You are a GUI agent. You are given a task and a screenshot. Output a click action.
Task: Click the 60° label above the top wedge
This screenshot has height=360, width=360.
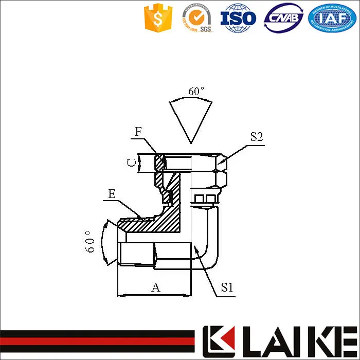196,92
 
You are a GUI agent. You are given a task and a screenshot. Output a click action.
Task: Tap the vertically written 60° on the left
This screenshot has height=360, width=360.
91,241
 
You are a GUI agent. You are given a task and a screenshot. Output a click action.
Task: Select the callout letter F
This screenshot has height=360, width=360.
138,132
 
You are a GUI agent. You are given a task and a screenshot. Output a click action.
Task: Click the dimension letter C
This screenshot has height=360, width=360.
132,163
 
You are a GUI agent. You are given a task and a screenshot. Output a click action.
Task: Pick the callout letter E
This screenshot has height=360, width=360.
111,194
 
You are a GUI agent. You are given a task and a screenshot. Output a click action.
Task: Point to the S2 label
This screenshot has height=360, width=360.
257,137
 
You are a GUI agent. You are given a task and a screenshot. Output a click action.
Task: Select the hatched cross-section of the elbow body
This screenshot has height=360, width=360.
170,211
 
